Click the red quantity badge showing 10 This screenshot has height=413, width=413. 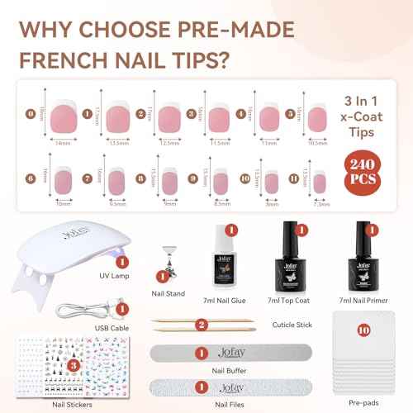click(x=363, y=326)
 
